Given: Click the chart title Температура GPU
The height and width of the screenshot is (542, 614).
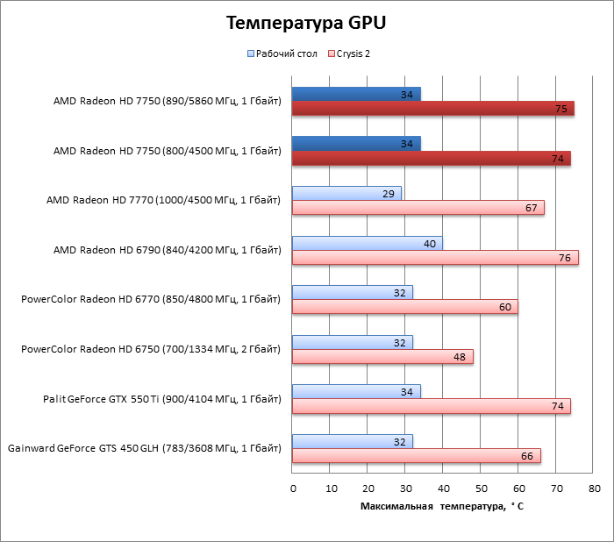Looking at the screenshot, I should click(x=306, y=23).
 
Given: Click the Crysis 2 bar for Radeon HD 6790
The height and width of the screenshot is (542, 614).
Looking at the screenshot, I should click(x=435, y=257).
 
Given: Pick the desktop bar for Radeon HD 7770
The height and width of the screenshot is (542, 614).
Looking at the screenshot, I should click(x=346, y=193).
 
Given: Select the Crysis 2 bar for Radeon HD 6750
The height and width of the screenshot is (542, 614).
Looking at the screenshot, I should click(x=382, y=356).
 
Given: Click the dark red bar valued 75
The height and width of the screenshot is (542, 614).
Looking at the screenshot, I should click(x=432, y=109).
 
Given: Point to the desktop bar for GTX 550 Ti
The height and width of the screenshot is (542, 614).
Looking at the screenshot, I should click(x=356, y=391).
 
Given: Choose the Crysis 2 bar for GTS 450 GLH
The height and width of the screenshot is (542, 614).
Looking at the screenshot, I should click(x=416, y=455).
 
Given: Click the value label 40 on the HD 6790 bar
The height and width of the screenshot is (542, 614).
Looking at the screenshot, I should click(x=430, y=243).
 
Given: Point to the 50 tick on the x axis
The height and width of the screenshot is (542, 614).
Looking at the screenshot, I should click(x=481, y=488).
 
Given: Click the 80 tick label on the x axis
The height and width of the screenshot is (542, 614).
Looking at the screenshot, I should click(x=594, y=488).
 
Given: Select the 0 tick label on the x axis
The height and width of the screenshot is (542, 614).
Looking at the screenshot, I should click(x=293, y=488).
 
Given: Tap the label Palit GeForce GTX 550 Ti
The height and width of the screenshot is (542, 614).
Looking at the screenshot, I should click(x=162, y=399).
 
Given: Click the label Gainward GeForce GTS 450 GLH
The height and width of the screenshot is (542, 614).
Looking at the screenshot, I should click(x=145, y=448).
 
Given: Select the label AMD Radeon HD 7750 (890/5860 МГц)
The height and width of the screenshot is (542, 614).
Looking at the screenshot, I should click(x=167, y=102).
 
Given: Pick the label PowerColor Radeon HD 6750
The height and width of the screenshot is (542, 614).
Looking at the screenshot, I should click(x=151, y=349).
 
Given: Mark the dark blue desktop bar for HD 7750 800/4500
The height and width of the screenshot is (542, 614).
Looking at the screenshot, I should click(x=356, y=144).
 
